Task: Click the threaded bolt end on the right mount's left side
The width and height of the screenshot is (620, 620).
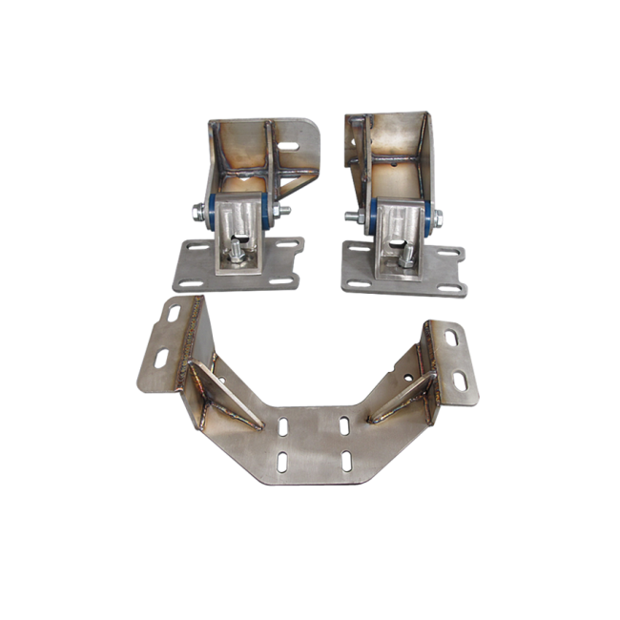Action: pyautogui.click(x=352, y=217)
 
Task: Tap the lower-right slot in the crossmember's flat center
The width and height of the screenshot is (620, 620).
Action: pyautogui.click(x=341, y=463)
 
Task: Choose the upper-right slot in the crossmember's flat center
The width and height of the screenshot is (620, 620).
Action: pyautogui.click(x=341, y=421)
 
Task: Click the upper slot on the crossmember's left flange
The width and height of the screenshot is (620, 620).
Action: pyautogui.click(x=175, y=314)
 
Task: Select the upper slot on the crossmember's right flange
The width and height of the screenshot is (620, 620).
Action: pyautogui.click(x=449, y=337)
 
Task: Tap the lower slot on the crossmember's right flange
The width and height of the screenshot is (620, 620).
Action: pyautogui.click(x=460, y=381)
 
